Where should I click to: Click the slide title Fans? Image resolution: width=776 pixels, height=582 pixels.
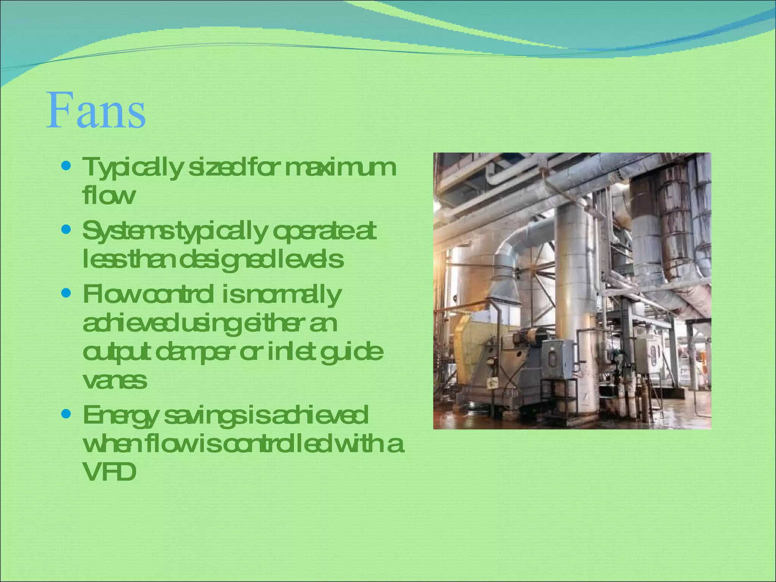click(x=96, y=111)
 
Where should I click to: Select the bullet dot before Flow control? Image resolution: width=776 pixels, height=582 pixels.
click(x=66, y=293)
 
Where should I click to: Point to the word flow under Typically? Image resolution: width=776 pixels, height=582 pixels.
click(x=108, y=196)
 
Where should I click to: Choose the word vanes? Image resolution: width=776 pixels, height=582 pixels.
click(x=114, y=381)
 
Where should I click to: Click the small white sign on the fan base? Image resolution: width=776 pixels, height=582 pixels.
click(x=493, y=383)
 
